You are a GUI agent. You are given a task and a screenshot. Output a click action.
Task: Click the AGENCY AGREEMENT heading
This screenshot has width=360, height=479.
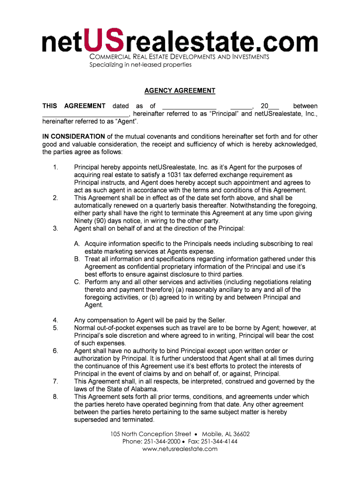point(180,91)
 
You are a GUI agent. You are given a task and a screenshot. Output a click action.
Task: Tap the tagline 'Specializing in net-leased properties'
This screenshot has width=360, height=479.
point(140,65)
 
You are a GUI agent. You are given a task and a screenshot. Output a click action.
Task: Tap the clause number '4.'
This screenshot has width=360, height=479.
point(56,320)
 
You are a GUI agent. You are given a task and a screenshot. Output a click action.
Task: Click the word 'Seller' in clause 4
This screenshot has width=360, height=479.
point(215,320)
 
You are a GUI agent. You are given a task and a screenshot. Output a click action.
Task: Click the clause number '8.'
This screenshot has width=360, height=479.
point(56,397)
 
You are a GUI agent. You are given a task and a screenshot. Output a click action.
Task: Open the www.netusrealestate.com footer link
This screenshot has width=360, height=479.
point(180,449)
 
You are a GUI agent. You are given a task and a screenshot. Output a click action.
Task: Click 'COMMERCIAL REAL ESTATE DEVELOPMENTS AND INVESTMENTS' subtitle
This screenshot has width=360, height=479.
point(180,57)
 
